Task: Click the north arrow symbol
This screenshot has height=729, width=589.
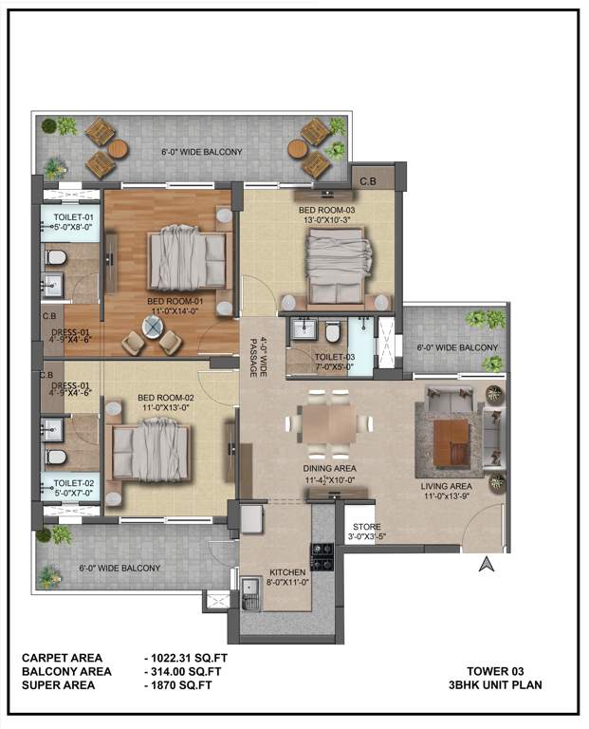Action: (487, 566)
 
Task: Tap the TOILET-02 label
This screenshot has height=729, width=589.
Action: (71, 486)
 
